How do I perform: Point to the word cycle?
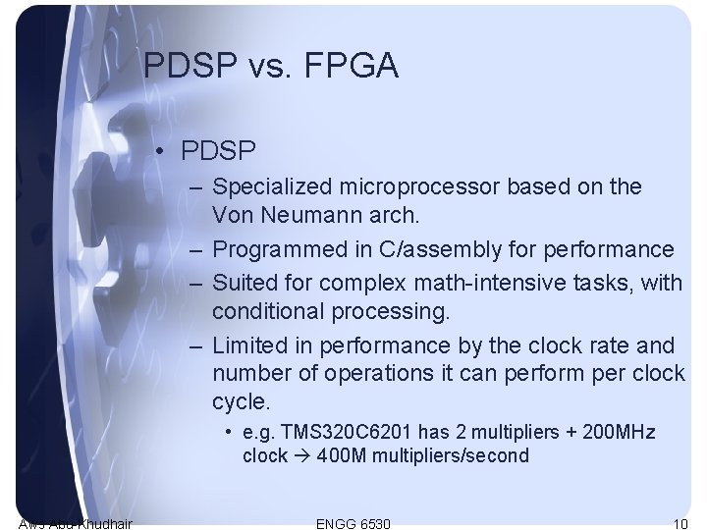(240, 402)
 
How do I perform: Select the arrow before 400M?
(302, 455)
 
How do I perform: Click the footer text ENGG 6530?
(353, 524)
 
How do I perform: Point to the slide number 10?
(680, 524)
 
